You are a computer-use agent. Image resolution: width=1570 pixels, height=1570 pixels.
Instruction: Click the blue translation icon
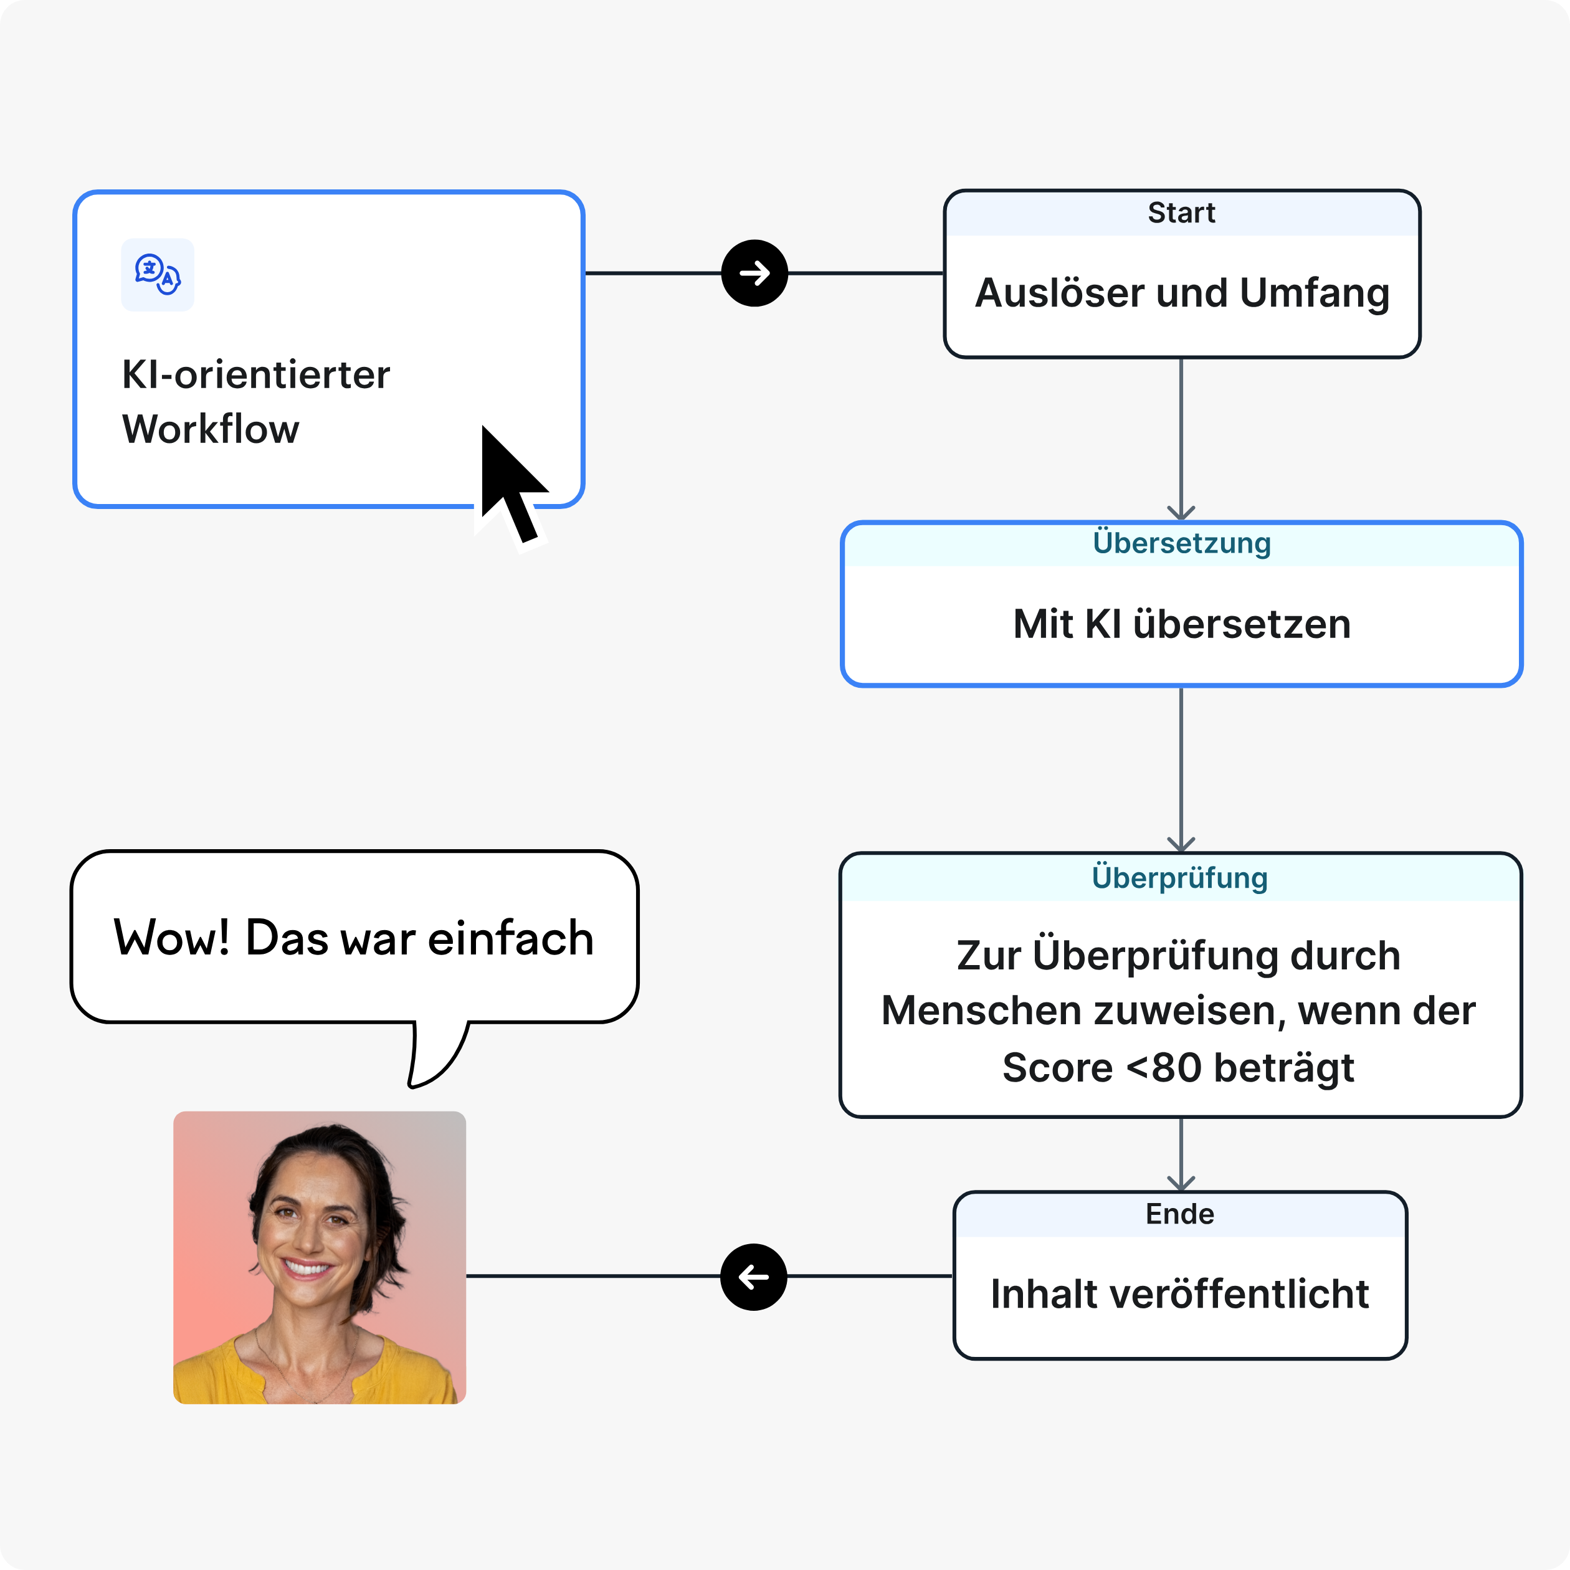[158, 275]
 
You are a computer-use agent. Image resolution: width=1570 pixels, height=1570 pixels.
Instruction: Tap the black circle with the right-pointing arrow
[754, 273]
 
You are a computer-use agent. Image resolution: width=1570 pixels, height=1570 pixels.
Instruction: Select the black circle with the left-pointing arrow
[753, 1277]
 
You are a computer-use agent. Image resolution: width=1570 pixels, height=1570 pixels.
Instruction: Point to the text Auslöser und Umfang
[1182, 293]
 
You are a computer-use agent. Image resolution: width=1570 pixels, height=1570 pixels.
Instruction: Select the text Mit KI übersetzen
[1182, 624]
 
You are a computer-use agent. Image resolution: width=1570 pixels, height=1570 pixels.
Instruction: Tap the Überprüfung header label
[1179, 878]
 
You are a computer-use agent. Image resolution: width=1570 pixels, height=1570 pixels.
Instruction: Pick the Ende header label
[1179, 1214]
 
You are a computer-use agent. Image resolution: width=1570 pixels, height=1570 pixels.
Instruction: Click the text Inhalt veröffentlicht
[1179, 1294]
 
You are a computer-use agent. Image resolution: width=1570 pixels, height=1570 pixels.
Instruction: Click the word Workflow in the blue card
[211, 429]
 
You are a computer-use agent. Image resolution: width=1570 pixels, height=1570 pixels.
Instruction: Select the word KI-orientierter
[256, 374]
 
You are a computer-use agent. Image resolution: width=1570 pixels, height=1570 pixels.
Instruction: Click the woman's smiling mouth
[307, 1268]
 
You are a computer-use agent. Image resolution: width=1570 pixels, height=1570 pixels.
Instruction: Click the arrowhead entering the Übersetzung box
[1181, 513]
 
